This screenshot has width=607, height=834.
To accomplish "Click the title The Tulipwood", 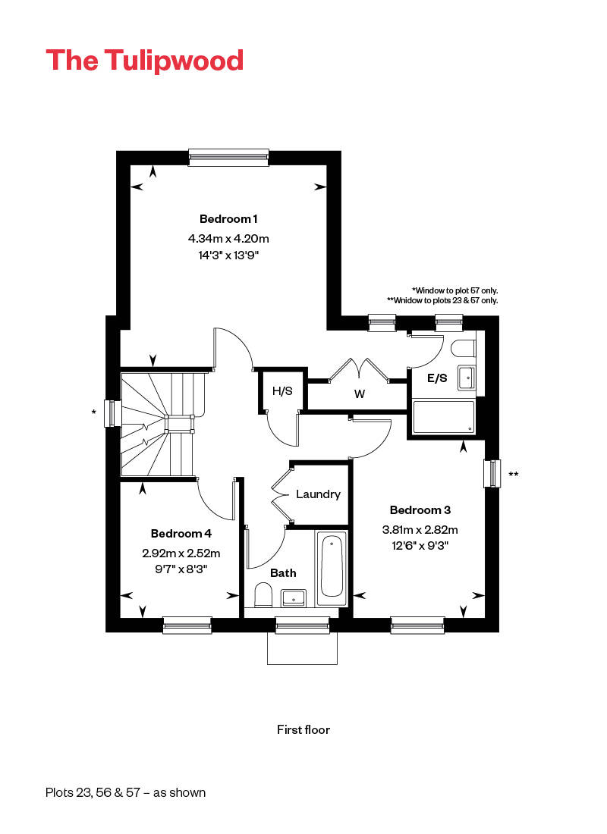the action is point(144,61).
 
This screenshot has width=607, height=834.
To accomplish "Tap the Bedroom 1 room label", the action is point(228,218).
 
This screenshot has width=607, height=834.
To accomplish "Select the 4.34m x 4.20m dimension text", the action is point(228,238).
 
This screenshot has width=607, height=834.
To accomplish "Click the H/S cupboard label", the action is point(282,391).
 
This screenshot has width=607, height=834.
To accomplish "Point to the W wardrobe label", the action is point(360,394).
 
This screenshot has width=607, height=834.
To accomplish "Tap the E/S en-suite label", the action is point(437,378).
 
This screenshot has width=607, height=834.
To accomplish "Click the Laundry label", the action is point(318,494).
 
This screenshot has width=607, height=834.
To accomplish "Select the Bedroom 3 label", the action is point(420,510).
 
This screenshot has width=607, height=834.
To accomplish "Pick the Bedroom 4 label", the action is point(181,534).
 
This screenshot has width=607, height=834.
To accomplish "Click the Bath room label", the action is point(283,573).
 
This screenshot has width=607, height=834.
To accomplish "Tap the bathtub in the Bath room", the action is point(332,568).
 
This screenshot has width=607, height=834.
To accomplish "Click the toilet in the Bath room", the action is point(263,594).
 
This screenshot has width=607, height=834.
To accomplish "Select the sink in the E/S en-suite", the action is point(467,378).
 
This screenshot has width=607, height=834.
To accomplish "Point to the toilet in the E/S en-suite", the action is point(463,349).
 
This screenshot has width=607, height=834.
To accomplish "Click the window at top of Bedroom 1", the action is point(229,158).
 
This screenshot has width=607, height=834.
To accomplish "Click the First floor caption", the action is point(303,729).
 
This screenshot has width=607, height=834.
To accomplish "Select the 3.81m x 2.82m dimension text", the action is point(420,530).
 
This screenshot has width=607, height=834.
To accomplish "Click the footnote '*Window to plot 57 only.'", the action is point(454,290).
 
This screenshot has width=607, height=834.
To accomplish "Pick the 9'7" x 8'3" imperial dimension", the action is point(181,569).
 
